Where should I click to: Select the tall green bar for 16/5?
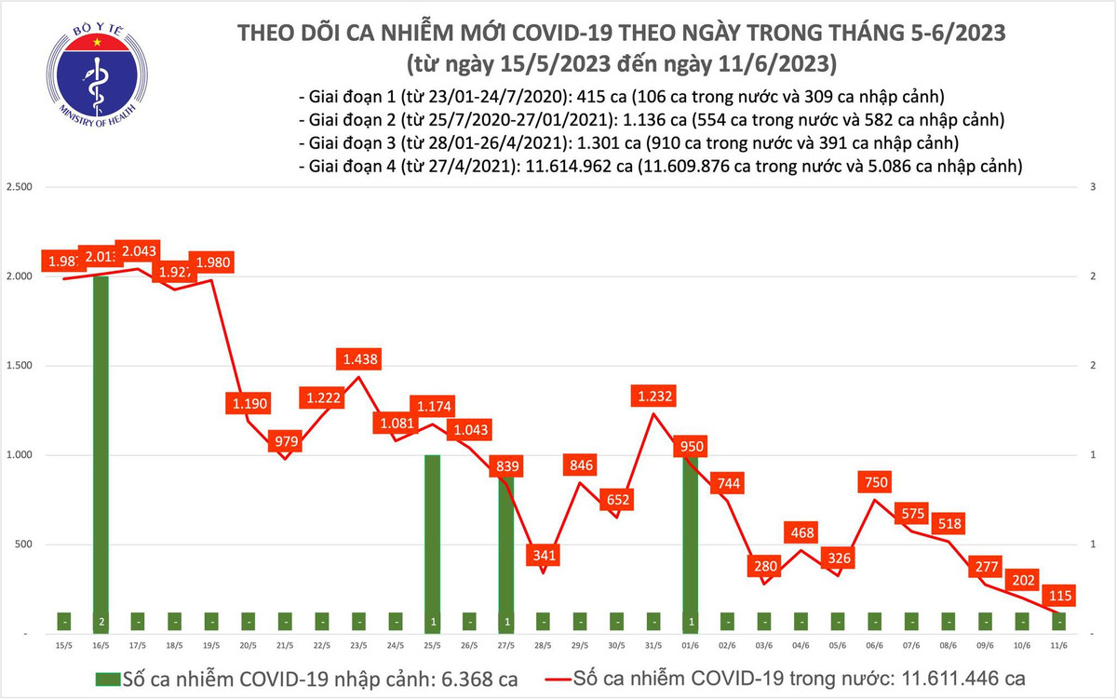[101, 447]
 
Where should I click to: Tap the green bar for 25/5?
[433, 540]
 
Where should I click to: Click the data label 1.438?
[361, 359]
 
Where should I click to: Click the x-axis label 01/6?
[690, 645]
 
